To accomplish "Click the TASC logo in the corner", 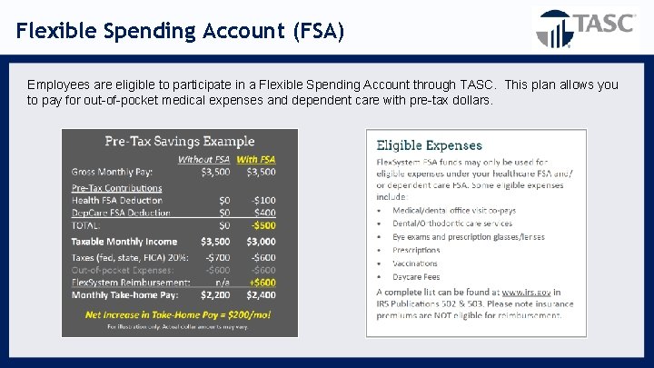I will click(585, 27).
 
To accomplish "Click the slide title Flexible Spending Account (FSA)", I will click(180, 31).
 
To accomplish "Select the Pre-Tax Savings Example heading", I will click(180, 141).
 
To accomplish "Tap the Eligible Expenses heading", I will click(430, 144).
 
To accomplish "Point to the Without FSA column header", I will click(203, 160).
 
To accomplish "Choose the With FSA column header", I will click(256, 160).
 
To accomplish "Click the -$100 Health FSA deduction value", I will click(263, 200).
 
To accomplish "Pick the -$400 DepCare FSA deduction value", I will click(263, 213).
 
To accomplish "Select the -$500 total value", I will click(263, 224).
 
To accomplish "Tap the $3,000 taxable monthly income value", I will click(261, 242).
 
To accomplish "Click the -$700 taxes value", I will click(215, 258).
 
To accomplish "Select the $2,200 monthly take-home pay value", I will click(214, 294).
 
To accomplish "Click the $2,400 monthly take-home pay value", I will click(261, 294).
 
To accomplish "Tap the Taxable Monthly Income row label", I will click(124, 242).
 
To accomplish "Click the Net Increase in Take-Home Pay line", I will click(179, 313).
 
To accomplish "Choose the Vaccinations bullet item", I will click(415, 264).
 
